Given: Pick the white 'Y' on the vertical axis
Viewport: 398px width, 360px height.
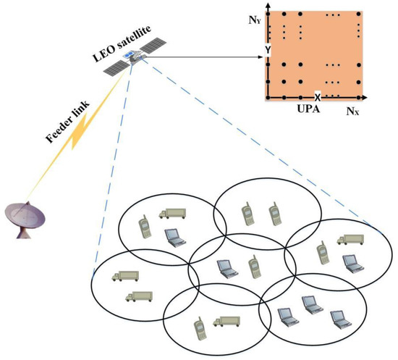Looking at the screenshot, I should click(267, 49).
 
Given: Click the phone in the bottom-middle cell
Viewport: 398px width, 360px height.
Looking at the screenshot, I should click(197, 329).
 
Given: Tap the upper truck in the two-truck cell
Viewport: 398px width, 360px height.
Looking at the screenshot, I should click(125, 276).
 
